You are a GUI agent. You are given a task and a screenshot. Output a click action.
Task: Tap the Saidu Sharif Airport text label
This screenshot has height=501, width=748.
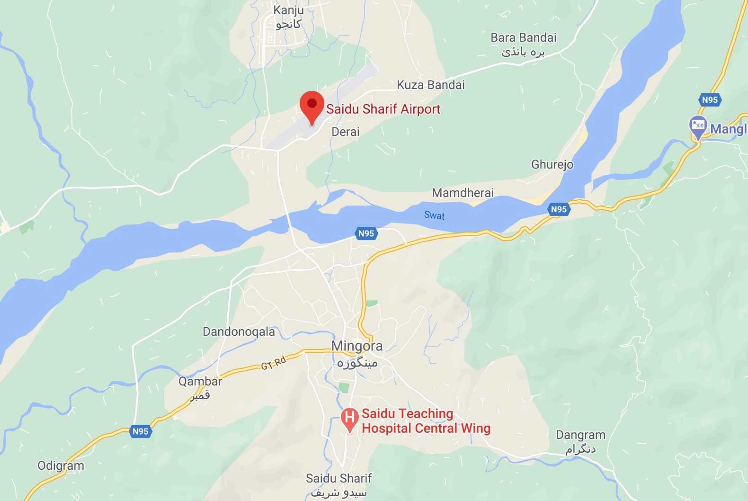coord(383,109)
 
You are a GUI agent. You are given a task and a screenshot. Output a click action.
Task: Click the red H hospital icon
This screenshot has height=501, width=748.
coord(349,418)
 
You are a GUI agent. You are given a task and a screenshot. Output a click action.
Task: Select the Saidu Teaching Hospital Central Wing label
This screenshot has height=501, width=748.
coord(425,421)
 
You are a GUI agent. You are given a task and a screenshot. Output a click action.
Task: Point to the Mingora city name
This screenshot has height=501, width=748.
coord(356,346)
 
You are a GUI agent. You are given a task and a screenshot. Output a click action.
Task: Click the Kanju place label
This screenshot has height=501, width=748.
coord(288,10)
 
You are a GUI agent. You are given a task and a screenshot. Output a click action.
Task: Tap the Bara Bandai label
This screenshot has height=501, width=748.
coord(523,38)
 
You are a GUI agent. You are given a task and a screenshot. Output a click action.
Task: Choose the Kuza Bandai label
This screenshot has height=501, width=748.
coord(430,85)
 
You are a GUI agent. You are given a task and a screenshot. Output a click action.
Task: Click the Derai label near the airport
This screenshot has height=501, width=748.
coord(345,132)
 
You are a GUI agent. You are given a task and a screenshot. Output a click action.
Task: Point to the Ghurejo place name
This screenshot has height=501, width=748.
coord(552,165)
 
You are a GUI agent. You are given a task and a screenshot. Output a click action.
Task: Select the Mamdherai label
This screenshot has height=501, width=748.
coord(463,193)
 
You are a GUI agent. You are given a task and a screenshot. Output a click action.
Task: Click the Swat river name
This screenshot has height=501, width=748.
coord(434,215)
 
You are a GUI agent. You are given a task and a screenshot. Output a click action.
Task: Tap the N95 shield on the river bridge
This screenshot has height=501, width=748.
coord(366,233)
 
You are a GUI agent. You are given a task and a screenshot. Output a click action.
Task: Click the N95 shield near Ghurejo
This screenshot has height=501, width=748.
coord(559,209)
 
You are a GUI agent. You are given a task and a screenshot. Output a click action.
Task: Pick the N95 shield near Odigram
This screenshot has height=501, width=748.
coord(140,431)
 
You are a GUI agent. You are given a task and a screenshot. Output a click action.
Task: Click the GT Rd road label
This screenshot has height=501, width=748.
coord(274,363)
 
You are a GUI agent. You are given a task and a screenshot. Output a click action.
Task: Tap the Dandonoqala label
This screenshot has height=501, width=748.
coord(239,332)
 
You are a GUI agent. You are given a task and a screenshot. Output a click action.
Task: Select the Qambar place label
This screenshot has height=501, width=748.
coord(200,382)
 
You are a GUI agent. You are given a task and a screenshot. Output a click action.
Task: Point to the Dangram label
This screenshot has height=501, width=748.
coord(580,435)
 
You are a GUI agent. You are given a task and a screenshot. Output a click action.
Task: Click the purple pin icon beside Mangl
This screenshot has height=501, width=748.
coord(698,126)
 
